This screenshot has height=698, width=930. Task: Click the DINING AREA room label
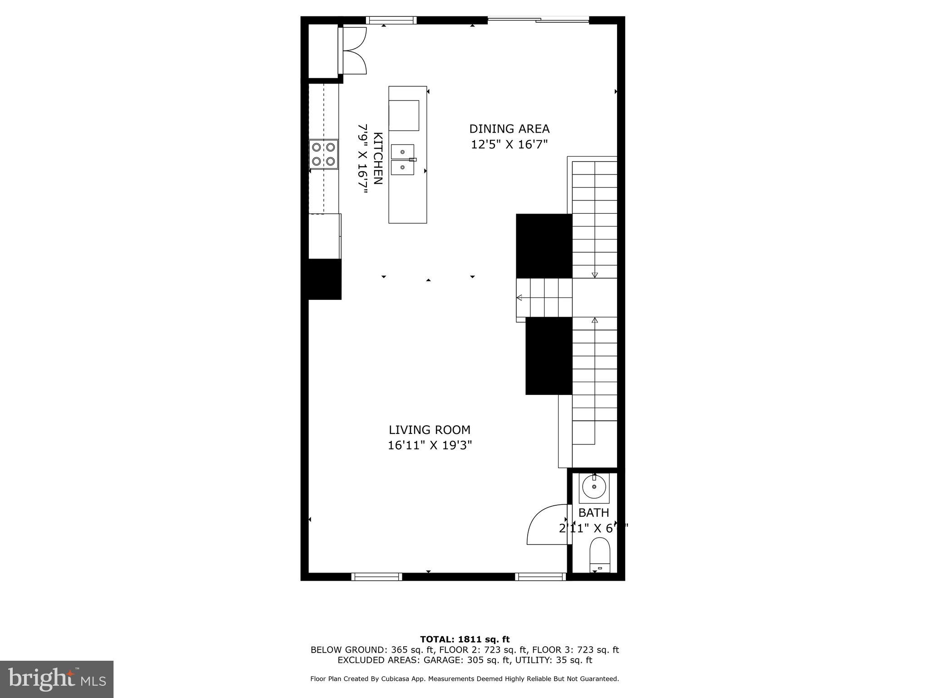point(509,129)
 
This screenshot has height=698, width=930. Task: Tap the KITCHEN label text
point(378,158)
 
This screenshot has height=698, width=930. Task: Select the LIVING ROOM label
point(429,430)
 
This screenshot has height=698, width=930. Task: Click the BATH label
point(594,513)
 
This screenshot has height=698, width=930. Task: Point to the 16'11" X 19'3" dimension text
point(430,445)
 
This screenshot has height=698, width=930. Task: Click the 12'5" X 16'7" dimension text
point(509,145)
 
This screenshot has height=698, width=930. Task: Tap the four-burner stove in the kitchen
point(323,154)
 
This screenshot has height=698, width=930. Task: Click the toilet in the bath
point(599,555)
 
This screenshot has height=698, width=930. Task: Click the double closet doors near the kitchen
point(353,50)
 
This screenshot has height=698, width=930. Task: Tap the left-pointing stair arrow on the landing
point(519,298)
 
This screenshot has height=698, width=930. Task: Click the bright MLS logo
point(57,679)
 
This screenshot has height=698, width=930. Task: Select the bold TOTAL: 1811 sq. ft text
point(465,640)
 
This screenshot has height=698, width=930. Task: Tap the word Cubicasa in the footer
point(398,679)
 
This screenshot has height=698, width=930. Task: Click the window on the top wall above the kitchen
point(391,20)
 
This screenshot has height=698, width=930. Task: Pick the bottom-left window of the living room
point(376,577)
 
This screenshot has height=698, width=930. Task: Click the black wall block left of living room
point(324,279)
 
